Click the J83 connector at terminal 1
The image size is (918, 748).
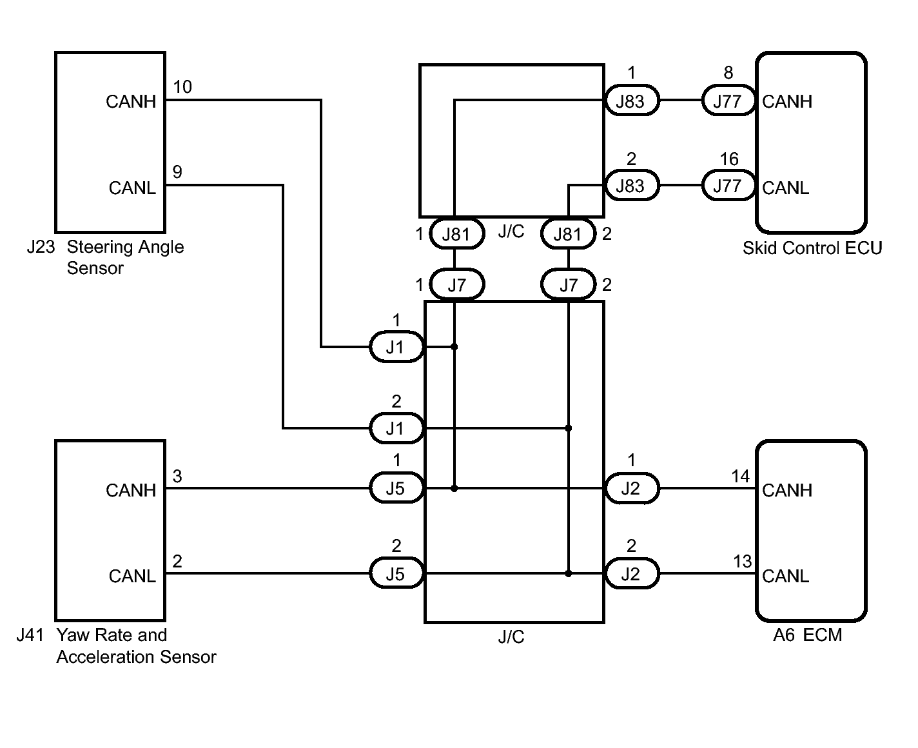[x=630, y=101]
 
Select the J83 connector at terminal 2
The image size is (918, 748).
[x=630, y=186]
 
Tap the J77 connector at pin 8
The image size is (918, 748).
[x=727, y=101]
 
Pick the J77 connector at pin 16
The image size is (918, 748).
[x=727, y=186]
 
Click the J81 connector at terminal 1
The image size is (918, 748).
[x=456, y=234]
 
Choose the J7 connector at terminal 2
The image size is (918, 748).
[x=568, y=285]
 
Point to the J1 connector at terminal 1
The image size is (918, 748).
[x=395, y=348]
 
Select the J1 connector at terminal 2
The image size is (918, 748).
[x=395, y=429]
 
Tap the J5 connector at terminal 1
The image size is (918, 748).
[x=395, y=489]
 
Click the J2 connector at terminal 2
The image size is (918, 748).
[x=630, y=574]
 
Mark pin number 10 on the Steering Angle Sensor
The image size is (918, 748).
[x=182, y=87]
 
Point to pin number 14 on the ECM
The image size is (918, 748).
[x=740, y=477]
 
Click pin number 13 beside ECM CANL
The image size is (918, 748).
[x=742, y=562]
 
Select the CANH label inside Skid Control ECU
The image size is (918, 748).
[x=787, y=102]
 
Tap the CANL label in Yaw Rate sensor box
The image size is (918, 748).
[x=132, y=576]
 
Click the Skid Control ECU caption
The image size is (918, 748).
[x=812, y=248]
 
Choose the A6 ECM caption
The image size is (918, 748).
[x=807, y=635]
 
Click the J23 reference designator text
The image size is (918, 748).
[x=41, y=247]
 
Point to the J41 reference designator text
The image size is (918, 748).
[x=30, y=635]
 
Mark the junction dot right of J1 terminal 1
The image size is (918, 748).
[x=454, y=347]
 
